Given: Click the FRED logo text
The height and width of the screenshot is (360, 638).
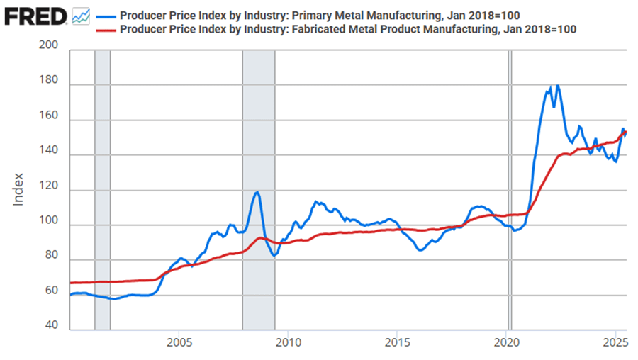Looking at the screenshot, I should (x=35, y=15).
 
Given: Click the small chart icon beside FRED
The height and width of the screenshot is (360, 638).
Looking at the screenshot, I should (x=81, y=15).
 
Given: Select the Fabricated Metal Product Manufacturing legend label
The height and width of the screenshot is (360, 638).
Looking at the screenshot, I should (x=348, y=29).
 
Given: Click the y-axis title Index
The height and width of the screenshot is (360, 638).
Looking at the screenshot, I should (x=19, y=189).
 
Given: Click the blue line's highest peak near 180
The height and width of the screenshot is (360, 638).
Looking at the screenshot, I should (x=558, y=86).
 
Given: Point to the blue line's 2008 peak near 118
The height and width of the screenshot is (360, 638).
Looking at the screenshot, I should (x=257, y=192).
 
